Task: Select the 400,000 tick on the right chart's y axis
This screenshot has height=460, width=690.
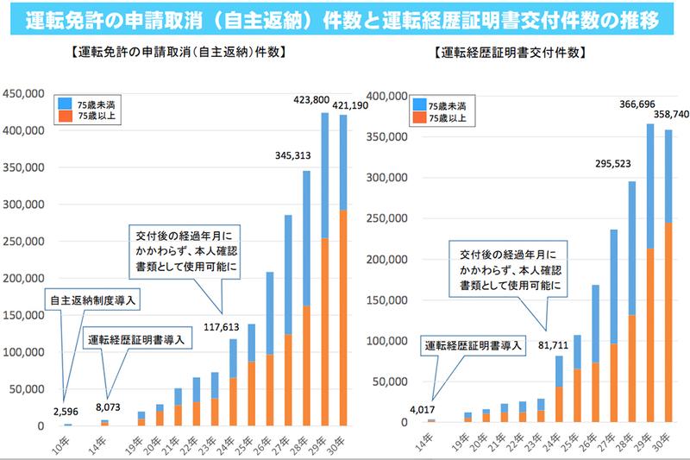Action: pos(388,96)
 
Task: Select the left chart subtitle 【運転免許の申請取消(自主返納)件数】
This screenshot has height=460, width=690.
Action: pos(176,54)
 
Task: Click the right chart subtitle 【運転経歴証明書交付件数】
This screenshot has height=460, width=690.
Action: pos(517,54)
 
